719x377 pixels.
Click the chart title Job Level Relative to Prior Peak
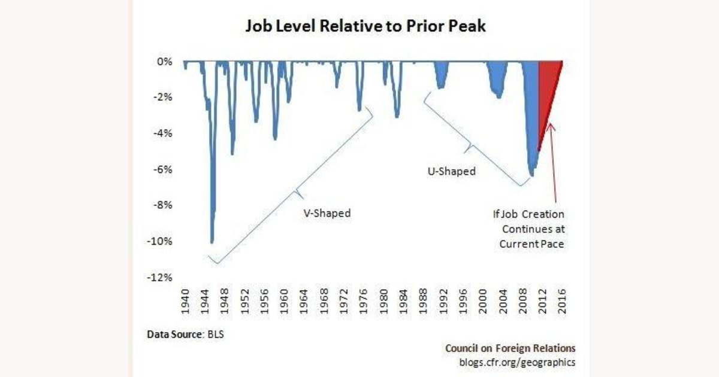(x=359, y=27)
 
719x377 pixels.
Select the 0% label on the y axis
(x=164, y=62)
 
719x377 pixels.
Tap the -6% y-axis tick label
(x=163, y=169)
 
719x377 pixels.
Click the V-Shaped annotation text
(x=327, y=213)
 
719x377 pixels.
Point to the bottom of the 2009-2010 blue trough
(x=531, y=174)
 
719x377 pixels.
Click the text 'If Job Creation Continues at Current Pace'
(x=533, y=229)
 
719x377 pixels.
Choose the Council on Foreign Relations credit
(x=510, y=348)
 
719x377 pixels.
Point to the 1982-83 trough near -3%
(x=397, y=115)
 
